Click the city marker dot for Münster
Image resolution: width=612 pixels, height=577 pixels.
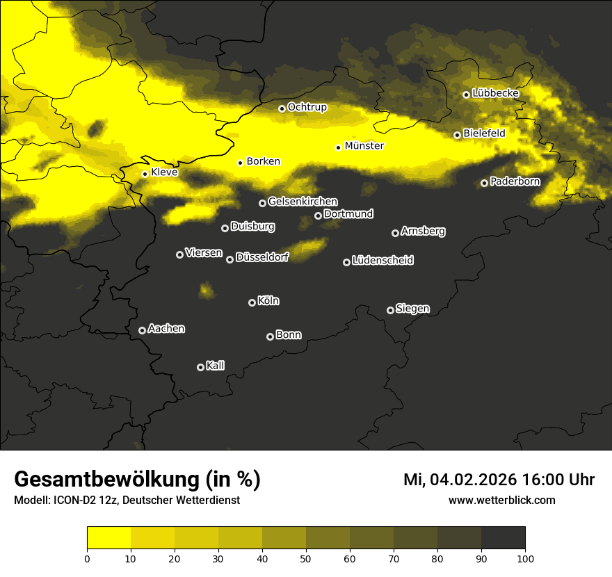(339, 147)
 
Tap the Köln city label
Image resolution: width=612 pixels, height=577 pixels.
(268, 301)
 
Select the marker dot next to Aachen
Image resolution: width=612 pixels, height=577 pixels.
(143, 330)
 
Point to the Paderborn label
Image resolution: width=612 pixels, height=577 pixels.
(515, 181)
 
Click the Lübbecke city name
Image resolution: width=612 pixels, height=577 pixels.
(495, 93)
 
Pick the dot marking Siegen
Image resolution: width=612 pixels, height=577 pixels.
(390, 310)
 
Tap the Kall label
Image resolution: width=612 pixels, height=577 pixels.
(216, 366)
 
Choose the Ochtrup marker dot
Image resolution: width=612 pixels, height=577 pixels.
(282, 108)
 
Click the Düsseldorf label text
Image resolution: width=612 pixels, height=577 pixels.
(262, 257)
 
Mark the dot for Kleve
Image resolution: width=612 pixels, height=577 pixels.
(145, 174)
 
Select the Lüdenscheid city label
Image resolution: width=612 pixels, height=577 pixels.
(382, 260)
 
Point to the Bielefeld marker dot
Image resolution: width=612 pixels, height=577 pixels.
(457, 135)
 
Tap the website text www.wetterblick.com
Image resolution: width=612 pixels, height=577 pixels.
(501, 500)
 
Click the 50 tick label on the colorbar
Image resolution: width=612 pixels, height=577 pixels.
(306, 558)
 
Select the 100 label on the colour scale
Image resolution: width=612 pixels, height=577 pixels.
(525, 558)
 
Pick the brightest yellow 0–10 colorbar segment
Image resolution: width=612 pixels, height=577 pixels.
(109, 537)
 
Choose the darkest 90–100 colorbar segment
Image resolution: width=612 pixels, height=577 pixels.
(503, 537)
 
